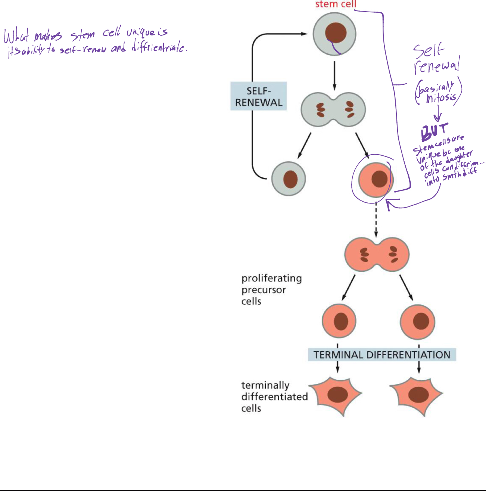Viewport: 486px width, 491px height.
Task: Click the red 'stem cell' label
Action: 336,4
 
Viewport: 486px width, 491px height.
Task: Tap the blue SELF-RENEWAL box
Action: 258,96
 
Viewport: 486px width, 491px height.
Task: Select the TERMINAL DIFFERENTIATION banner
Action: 382,355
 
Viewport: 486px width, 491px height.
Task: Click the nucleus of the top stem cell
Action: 335,33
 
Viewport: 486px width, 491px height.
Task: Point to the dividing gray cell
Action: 333,110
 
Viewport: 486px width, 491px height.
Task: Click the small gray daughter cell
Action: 289,179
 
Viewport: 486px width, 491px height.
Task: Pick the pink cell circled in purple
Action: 376,180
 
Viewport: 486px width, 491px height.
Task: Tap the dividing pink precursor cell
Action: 377,254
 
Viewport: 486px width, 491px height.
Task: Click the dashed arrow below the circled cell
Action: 376,220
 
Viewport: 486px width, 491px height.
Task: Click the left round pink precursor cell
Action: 339,321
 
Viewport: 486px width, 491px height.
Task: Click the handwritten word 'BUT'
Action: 434,131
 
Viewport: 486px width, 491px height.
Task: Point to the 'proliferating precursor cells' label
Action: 271,290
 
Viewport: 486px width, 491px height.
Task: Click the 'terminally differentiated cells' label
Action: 274,397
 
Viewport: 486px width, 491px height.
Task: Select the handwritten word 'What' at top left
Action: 16,37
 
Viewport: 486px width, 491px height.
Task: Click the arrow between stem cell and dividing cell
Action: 334,75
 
